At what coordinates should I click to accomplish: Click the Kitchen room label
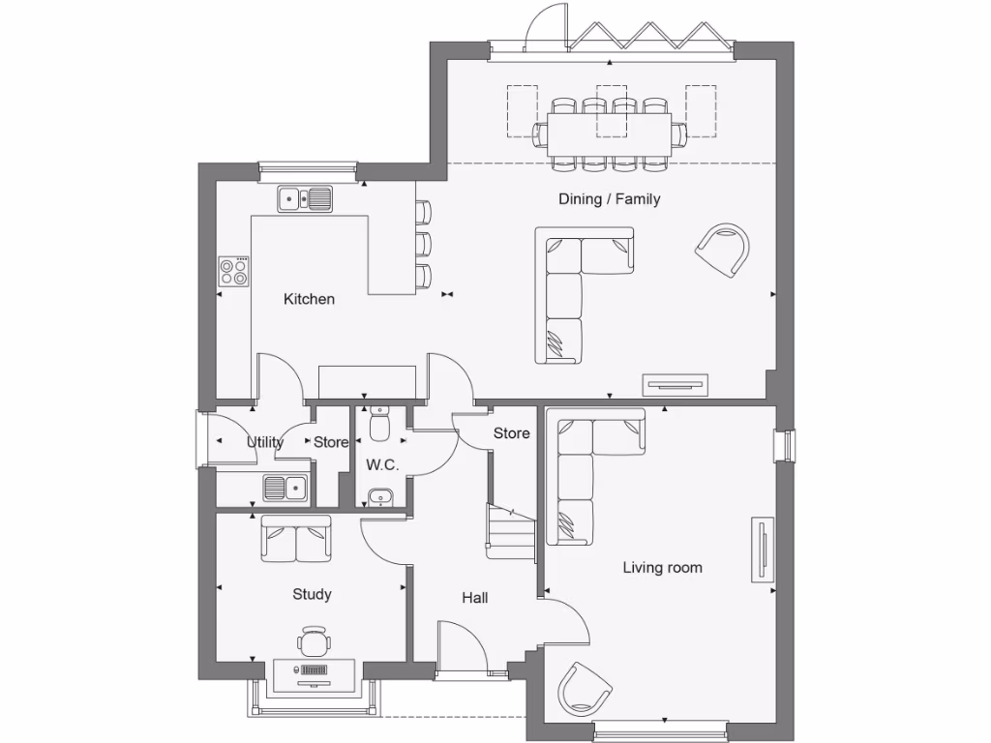coord(309,299)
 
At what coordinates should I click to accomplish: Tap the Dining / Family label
coord(609,199)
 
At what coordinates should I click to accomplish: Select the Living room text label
coord(662,568)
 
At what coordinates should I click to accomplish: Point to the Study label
coord(312,594)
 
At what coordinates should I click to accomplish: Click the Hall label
coord(474,598)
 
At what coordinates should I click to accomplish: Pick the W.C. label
coord(382,464)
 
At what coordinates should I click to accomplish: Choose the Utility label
coord(264,442)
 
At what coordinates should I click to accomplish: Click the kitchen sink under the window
coord(304,199)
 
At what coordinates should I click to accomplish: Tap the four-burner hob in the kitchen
coord(233,271)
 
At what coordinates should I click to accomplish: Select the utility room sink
coord(285,489)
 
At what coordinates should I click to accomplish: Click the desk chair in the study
coord(314,641)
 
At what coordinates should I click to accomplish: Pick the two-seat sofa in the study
coord(295,538)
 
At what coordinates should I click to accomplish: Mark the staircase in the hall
coord(510,531)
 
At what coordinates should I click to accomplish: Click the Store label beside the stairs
coord(511,433)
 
